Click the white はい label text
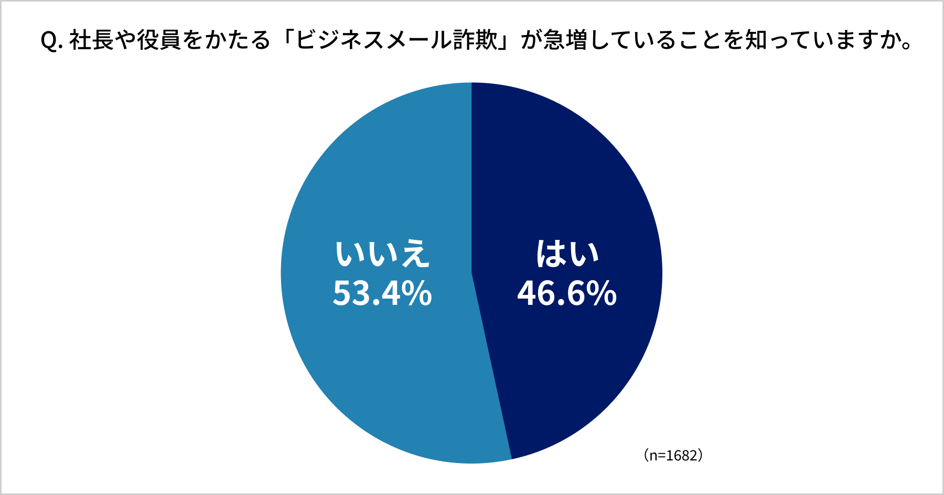[567, 254]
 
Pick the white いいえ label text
[382, 254]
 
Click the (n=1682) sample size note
[673, 455]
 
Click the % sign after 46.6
[602, 294]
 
